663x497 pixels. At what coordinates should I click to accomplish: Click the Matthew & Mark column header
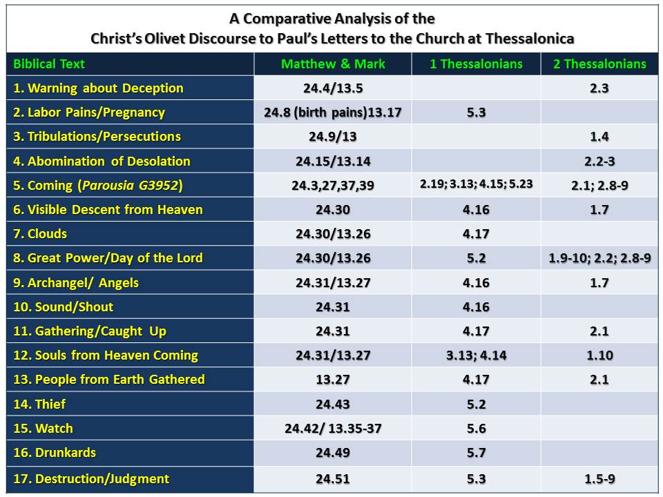click(332, 64)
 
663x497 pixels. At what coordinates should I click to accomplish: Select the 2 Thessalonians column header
click(599, 64)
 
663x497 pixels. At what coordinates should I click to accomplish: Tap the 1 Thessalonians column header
click(476, 64)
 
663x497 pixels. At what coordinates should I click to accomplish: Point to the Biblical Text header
click(49, 64)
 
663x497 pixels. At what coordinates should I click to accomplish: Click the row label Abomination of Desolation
click(102, 161)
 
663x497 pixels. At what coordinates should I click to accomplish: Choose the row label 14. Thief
click(40, 404)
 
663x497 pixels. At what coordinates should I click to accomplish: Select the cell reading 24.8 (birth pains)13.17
click(332, 113)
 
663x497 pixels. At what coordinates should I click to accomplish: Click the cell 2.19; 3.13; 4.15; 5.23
click(476, 185)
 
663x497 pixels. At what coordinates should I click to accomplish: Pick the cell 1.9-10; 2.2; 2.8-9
click(599, 258)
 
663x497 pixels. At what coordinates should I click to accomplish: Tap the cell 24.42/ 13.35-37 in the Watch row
click(332, 429)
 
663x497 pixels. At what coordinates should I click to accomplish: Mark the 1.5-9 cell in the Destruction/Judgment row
click(599, 478)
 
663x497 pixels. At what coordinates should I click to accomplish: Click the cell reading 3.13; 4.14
click(476, 355)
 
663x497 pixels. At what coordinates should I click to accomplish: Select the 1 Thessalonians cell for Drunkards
click(476, 453)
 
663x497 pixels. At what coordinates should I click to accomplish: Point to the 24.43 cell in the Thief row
click(332, 404)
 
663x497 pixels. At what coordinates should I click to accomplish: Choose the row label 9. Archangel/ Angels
click(76, 282)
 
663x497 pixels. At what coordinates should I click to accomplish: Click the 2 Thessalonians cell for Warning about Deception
click(599, 88)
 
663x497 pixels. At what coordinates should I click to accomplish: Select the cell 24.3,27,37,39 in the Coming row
click(332, 185)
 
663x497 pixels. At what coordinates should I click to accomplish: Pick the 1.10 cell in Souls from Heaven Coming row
click(599, 355)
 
